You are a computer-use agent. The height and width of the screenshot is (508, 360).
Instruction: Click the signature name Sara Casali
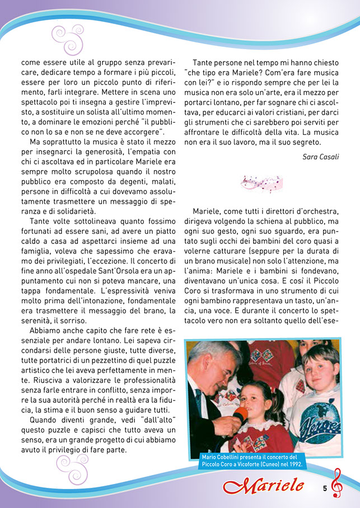pos(320,157)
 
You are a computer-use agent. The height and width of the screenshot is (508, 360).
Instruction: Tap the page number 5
pos(325,488)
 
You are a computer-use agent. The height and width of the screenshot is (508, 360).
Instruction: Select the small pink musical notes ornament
pos(261,182)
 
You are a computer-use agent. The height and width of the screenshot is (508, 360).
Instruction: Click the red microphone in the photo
pos(240,415)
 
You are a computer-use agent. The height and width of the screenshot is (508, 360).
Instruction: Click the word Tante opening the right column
pos(204,63)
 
